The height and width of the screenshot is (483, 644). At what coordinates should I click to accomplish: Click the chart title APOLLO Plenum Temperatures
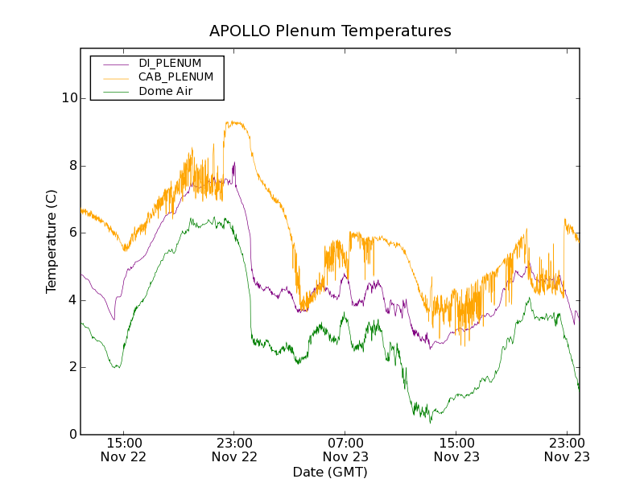[x=330, y=31]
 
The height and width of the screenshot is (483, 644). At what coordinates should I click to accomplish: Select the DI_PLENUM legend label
[x=170, y=63]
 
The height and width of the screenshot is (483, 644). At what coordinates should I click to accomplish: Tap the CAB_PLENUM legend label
[x=175, y=76]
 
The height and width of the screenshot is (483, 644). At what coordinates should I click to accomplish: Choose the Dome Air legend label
[x=165, y=91]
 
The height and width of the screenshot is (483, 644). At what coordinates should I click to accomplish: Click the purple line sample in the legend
[x=110, y=63]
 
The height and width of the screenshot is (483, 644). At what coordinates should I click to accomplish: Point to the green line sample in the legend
[x=110, y=91]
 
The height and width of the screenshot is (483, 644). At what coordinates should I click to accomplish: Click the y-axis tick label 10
[x=71, y=98]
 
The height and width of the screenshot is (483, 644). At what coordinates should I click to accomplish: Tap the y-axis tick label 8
[x=73, y=166]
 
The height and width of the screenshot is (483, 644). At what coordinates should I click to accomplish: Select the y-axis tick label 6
[x=73, y=233]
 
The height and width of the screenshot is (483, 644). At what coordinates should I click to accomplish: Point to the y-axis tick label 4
[x=73, y=300]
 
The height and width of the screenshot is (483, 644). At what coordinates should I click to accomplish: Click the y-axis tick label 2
[x=73, y=367]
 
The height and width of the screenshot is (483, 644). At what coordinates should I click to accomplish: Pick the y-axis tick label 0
[x=73, y=435]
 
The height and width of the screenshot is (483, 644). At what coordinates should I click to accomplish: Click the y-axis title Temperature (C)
[x=52, y=242]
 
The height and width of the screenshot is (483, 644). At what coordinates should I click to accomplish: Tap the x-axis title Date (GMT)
[x=330, y=472]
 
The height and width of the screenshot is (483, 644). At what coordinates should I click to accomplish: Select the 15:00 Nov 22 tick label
[x=123, y=449]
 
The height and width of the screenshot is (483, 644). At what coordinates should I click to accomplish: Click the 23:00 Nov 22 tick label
[x=234, y=449]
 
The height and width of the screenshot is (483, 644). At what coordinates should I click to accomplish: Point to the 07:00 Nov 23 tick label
[x=345, y=449]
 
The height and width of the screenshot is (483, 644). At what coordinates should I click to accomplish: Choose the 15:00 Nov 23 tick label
[x=456, y=449]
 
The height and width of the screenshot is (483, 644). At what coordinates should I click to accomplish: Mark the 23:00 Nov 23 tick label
[x=568, y=449]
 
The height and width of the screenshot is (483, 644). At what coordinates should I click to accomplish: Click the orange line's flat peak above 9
[x=237, y=123]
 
